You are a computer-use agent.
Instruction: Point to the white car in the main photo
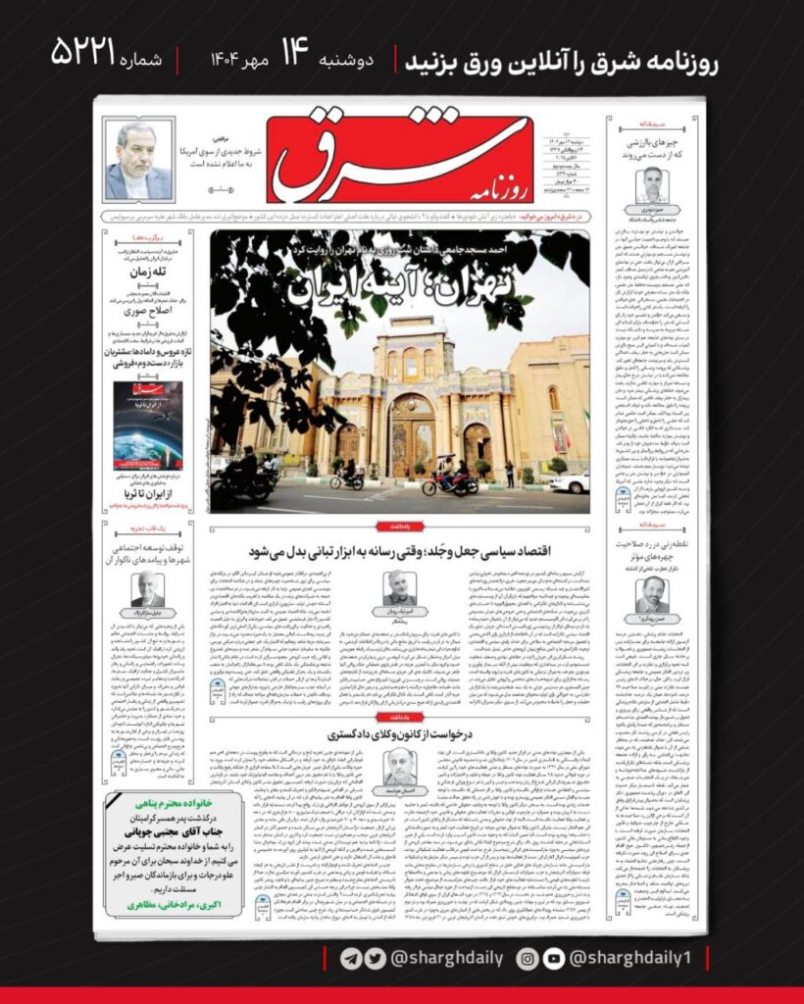(571, 481)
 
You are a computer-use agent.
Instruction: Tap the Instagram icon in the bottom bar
(528, 958)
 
